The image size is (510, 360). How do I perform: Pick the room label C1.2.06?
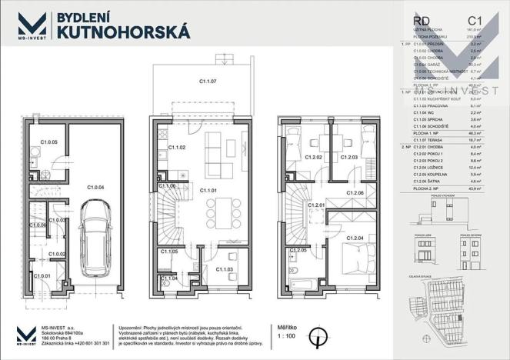point(355,192)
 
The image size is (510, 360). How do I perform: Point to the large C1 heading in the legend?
point(475,21)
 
